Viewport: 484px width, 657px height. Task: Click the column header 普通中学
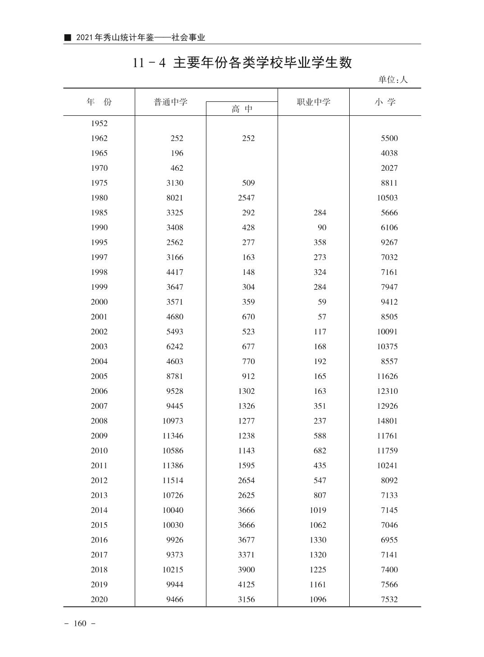click(x=170, y=102)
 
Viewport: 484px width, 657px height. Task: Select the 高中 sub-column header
click(x=242, y=109)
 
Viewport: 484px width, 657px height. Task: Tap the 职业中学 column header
click(x=313, y=102)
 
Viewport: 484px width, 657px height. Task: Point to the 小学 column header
click(x=385, y=102)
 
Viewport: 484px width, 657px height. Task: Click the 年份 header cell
click(x=99, y=102)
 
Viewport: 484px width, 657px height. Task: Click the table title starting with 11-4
click(x=242, y=63)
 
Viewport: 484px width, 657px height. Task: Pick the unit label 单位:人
click(x=393, y=80)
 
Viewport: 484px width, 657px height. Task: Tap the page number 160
click(x=80, y=624)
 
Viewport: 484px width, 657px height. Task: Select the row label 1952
click(x=99, y=123)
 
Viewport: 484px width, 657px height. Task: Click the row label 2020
click(x=99, y=599)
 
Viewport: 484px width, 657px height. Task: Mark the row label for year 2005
click(x=99, y=376)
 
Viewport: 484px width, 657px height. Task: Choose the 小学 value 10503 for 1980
click(x=387, y=198)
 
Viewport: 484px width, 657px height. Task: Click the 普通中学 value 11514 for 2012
click(x=173, y=480)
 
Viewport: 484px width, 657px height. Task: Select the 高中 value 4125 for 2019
click(x=246, y=584)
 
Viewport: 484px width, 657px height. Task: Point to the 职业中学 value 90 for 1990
click(x=322, y=228)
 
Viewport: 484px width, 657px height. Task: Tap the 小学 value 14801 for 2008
click(x=387, y=421)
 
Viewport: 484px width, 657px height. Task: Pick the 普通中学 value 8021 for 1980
click(x=175, y=198)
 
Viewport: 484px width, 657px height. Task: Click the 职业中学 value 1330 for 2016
click(x=318, y=540)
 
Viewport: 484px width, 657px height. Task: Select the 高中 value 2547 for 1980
click(x=246, y=198)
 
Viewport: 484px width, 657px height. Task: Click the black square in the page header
click(x=68, y=37)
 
